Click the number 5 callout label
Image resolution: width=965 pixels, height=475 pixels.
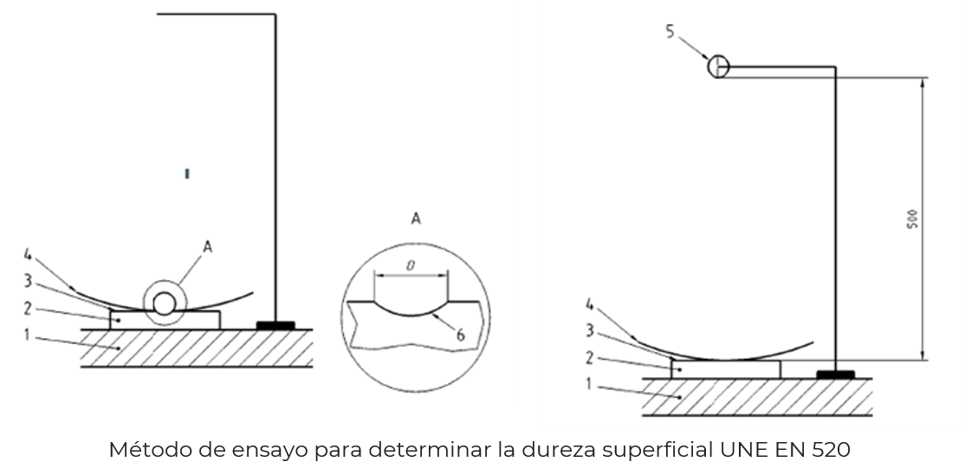click(x=670, y=32)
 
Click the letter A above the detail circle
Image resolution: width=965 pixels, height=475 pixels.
click(x=415, y=220)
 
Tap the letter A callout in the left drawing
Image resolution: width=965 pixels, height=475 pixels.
click(x=207, y=247)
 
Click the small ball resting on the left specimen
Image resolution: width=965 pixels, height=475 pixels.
click(x=164, y=303)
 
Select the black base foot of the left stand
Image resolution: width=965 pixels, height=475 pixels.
click(x=276, y=325)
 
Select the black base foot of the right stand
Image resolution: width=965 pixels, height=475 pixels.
click(x=836, y=374)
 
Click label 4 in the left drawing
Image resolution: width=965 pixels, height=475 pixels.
click(x=29, y=255)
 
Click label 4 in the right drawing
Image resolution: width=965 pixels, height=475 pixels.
click(x=590, y=304)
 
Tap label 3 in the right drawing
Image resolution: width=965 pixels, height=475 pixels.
click(x=589, y=329)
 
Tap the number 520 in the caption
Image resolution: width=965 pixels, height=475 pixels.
click(x=830, y=452)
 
